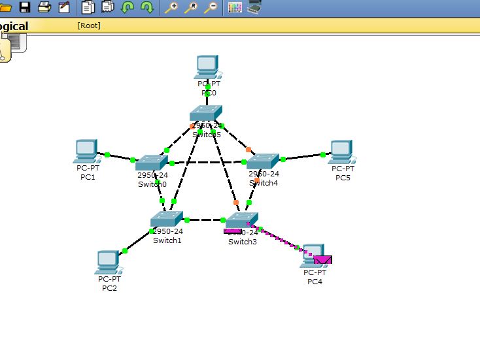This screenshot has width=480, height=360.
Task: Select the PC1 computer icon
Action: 86,150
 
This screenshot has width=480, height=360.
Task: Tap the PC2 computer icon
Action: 108,262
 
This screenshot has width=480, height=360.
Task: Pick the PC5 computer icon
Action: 341,151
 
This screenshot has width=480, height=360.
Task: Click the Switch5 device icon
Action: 206,114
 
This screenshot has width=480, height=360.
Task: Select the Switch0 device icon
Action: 152,163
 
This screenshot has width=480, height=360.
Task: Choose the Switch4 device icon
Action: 263,161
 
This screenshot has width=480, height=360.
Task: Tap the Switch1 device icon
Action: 167,219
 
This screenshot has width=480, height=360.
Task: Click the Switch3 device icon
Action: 242,220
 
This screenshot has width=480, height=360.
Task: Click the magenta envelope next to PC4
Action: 322,260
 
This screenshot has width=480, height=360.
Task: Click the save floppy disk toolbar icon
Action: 25,7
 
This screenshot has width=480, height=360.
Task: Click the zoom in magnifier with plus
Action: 171,8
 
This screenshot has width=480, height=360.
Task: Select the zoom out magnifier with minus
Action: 211,8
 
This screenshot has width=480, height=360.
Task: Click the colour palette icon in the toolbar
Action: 235,8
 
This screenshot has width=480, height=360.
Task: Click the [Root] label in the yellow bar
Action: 89,25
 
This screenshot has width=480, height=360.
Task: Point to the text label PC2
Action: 109,288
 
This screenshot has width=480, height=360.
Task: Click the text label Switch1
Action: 167,240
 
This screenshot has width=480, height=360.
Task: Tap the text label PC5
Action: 343,177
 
